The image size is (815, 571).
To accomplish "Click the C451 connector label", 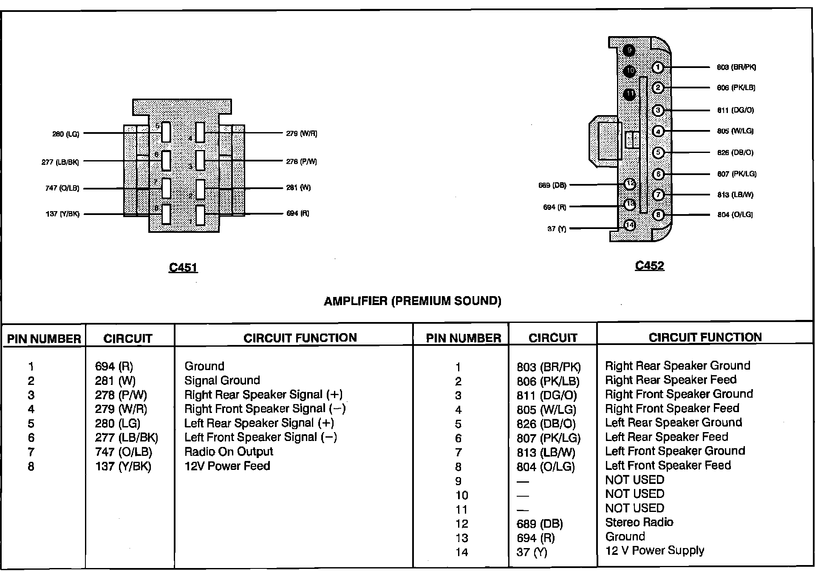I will (x=183, y=267).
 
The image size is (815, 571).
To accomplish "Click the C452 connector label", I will (x=649, y=266).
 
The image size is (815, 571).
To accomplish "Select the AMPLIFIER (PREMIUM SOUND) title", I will (x=412, y=301).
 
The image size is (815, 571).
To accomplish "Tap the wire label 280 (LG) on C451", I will (x=66, y=134).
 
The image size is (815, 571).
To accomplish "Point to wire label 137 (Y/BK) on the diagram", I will (x=62, y=214).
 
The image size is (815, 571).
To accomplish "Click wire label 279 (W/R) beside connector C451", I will (x=302, y=133).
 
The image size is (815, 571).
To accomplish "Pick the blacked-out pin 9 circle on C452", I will (x=629, y=51).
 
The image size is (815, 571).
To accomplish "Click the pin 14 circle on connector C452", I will (x=629, y=225).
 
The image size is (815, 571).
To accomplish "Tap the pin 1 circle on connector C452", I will (x=658, y=67).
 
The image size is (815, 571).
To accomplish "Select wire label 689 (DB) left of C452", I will (x=552, y=185).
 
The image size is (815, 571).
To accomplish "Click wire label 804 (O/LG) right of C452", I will (x=735, y=215).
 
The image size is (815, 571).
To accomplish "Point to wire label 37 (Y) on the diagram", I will (x=557, y=229).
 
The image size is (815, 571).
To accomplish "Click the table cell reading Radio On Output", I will (x=229, y=452).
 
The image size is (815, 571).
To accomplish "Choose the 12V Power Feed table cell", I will (x=227, y=466).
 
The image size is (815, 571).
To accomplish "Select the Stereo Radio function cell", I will (x=639, y=522).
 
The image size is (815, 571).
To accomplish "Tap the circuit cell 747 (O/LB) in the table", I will (x=123, y=452).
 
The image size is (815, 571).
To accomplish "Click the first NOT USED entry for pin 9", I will (x=634, y=480).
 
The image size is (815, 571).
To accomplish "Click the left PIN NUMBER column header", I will (x=44, y=339).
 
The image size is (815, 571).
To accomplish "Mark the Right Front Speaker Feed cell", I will (x=672, y=408).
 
